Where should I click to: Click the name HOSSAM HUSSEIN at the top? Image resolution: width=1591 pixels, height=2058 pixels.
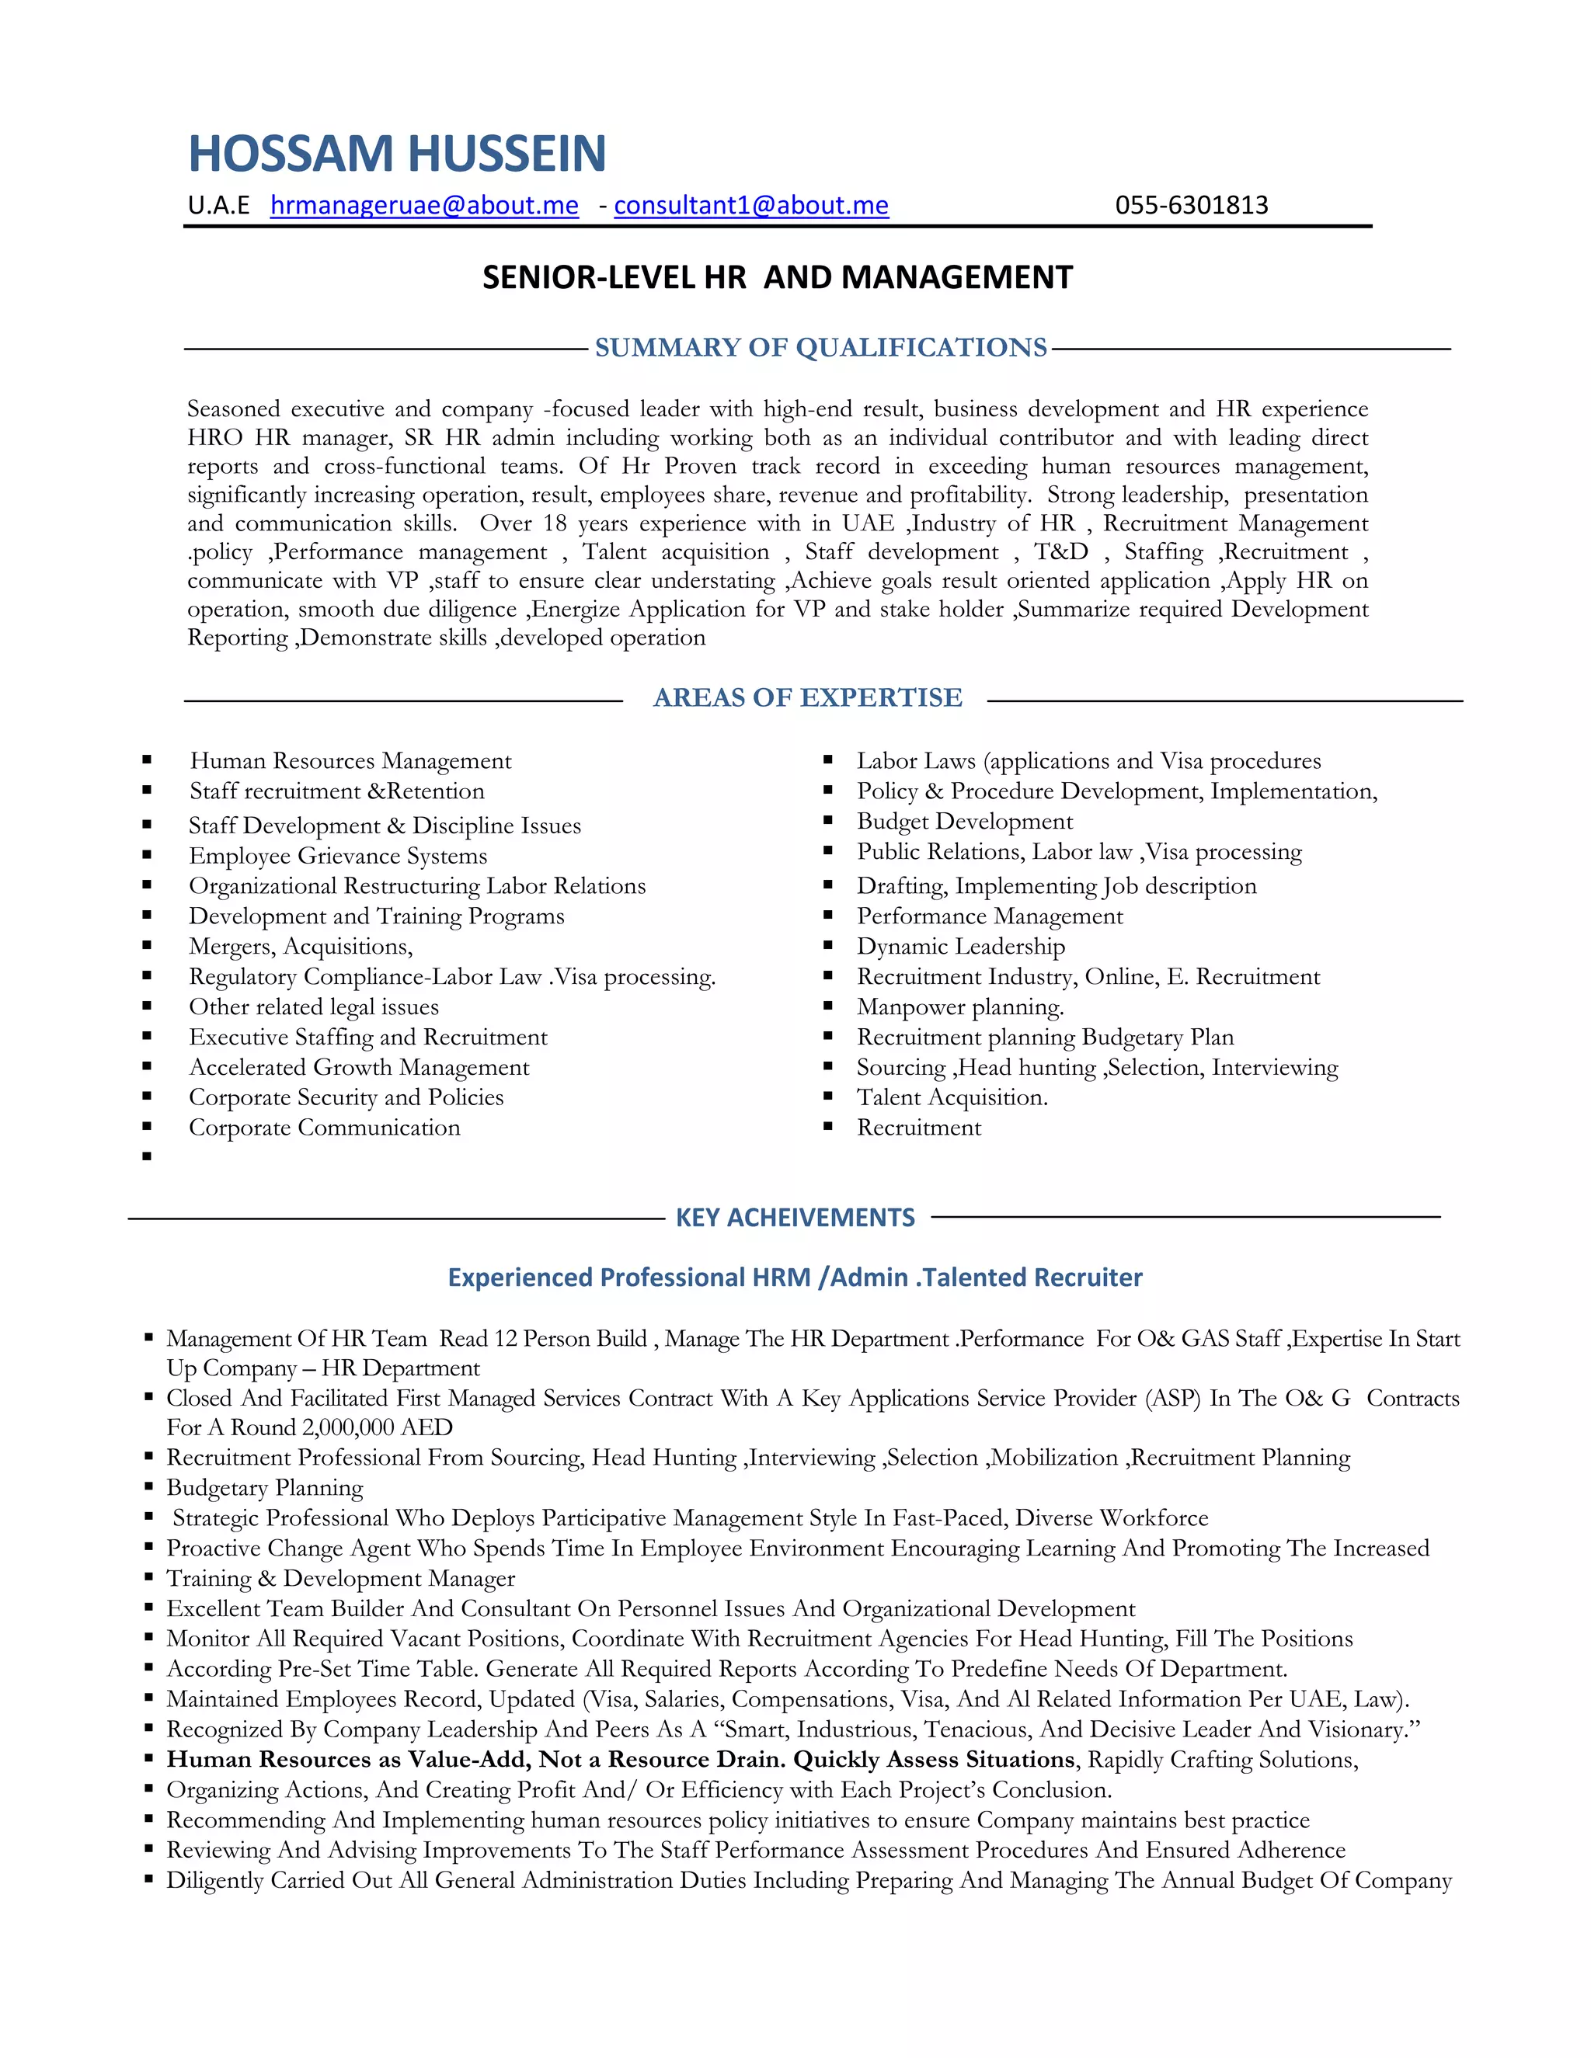[397, 154]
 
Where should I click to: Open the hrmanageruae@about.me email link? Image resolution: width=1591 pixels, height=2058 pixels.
[424, 206]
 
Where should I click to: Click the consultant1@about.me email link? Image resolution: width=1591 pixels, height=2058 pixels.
[751, 206]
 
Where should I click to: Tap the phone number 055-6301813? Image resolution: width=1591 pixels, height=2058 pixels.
[1192, 206]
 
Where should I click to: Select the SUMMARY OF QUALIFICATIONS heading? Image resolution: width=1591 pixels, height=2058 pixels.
[820, 348]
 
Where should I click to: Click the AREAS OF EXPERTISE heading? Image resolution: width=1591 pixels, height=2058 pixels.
[808, 697]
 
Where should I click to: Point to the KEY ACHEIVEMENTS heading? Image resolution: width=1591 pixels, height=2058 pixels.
[795, 1218]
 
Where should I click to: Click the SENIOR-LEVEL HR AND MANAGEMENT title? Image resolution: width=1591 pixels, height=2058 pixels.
[777, 277]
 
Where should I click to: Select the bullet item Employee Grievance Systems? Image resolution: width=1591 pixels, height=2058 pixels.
[337, 856]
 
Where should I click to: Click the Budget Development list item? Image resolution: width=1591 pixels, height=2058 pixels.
[964, 822]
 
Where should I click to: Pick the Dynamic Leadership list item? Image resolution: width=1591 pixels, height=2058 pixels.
[960, 946]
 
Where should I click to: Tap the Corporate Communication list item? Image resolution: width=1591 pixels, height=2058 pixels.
[324, 1127]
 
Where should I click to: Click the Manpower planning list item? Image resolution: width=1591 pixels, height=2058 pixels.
[959, 1006]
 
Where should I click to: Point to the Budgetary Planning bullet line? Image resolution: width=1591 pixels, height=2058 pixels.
[265, 1488]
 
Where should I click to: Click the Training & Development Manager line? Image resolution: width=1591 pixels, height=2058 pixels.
[340, 1578]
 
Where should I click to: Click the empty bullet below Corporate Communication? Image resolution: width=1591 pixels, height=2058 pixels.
[147, 1156]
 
